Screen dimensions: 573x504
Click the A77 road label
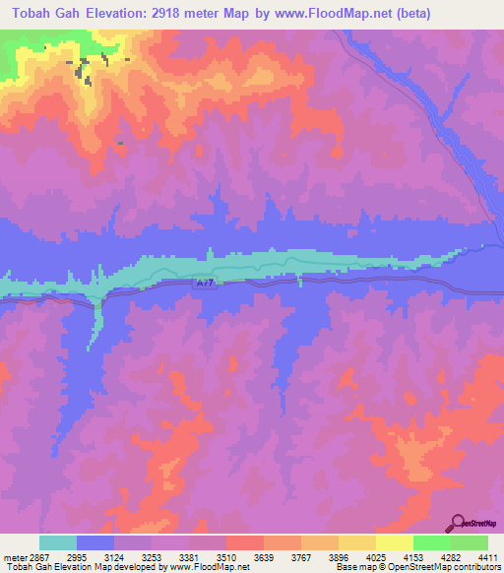pos(204,283)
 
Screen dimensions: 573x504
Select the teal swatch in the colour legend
pos(58,542)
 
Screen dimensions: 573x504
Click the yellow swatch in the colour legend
pos(395,542)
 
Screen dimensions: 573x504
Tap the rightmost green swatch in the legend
pos(470,542)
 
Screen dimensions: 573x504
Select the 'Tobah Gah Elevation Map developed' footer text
pos(69,566)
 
